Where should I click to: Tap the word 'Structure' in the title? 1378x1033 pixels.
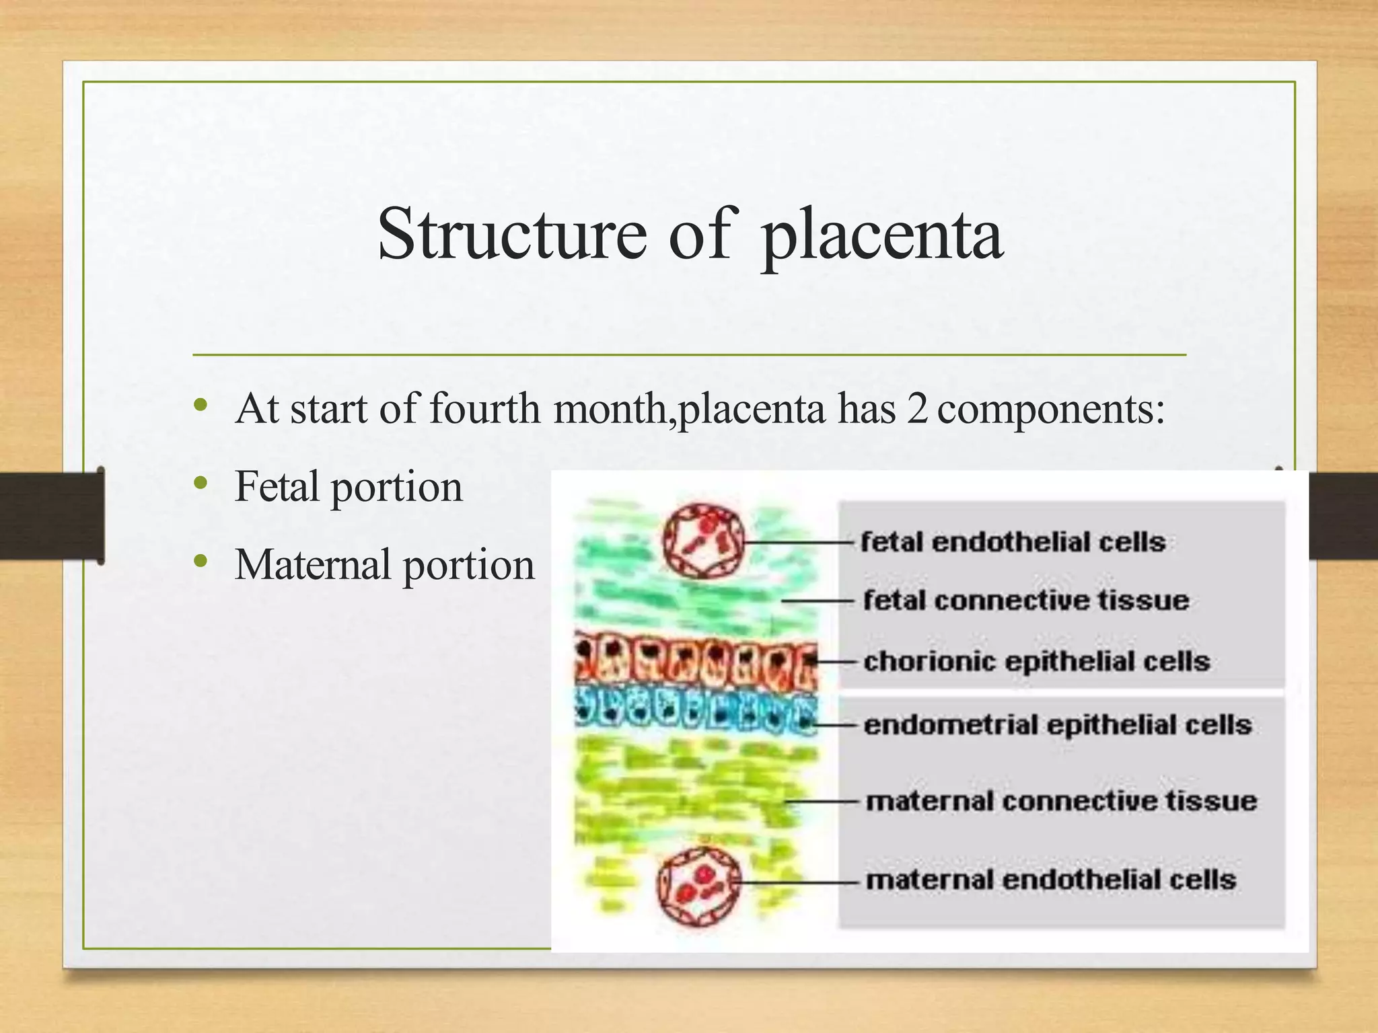coord(511,234)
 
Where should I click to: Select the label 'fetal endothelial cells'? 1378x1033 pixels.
coord(1013,542)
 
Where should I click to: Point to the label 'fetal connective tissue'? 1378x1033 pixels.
coord(1025,601)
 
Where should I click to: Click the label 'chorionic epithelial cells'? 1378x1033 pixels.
coord(1036,662)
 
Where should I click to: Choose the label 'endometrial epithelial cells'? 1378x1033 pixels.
coord(1057,726)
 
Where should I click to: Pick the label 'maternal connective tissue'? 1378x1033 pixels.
coord(1061,801)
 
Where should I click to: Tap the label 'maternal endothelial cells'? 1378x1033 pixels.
coord(1051,880)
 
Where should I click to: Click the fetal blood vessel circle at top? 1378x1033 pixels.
coord(703,541)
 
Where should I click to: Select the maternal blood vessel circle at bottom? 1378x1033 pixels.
coord(698,884)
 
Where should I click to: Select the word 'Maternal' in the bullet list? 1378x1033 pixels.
coord(313,565)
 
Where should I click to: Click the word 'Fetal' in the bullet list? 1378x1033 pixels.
coord(276,486)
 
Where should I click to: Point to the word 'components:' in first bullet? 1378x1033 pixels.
coord(1050,409)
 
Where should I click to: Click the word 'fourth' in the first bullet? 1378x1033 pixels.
coord(484,408)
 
